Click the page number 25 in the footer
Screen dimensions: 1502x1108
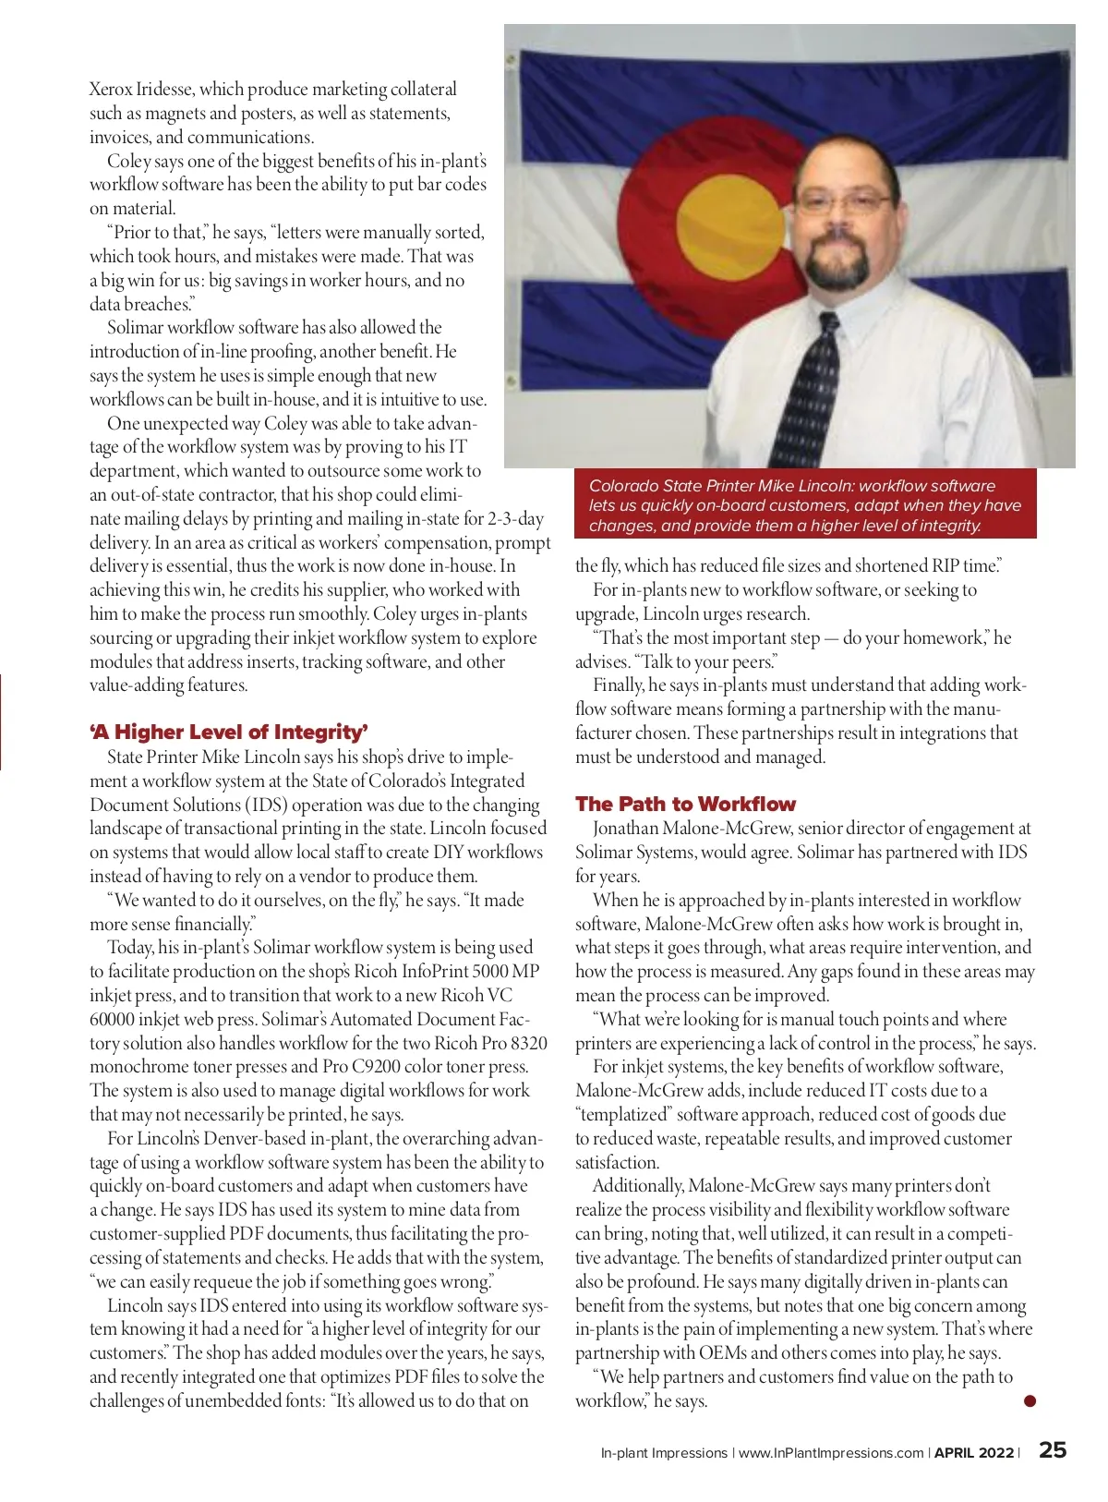(1053, 1449)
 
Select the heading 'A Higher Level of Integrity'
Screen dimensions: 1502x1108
(229, 733)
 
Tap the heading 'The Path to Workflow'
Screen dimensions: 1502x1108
(685, 804)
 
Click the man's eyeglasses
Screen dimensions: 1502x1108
(843, 200)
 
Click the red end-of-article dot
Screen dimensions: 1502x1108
(1030, 1400)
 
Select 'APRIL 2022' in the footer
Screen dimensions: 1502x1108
(974, 1453)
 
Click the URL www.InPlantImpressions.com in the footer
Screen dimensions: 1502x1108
(831, 1453)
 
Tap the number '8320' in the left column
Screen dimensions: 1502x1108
(528, 1043)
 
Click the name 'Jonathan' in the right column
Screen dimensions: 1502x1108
(627, 829)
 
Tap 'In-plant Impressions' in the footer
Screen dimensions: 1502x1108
(664, 1453)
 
